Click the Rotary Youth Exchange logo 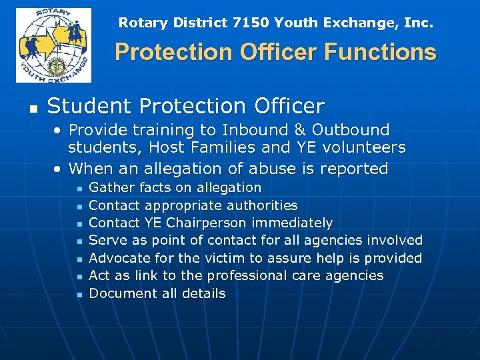53,45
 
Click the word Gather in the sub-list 111,188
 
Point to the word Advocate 117,258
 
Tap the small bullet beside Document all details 78,294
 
